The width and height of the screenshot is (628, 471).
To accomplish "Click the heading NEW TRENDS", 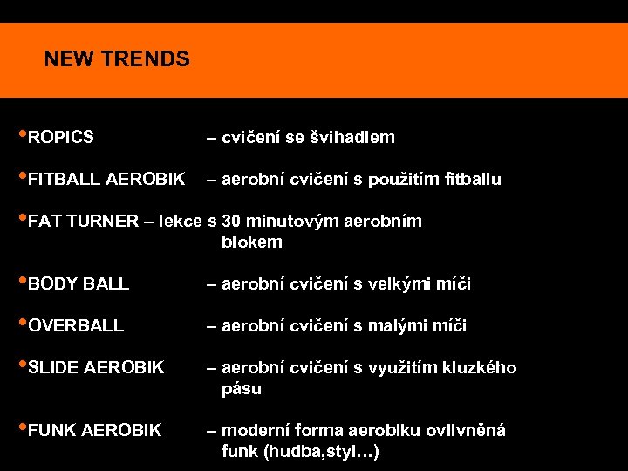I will (x=117, y=59).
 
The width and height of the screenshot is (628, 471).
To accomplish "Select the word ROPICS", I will (x=61, y=137).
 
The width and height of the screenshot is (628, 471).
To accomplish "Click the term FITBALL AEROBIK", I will (x=106, y=180).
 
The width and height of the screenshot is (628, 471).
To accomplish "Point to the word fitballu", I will (x=471, y=180).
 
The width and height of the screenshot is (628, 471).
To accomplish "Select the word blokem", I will (x=252, y=242).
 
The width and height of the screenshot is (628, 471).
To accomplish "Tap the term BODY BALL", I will (x=78, y=284).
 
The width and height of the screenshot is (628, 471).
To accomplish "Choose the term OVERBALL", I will (x=76, y=326).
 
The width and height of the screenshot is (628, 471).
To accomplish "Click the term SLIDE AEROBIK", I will (x=96, y=368).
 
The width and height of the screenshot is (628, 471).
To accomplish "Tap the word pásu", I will (x=242, y=389).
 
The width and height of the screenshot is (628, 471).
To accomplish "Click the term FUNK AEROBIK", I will (x=95, y=430).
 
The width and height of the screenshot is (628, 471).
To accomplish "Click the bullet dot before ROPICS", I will (x=22, y=135).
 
